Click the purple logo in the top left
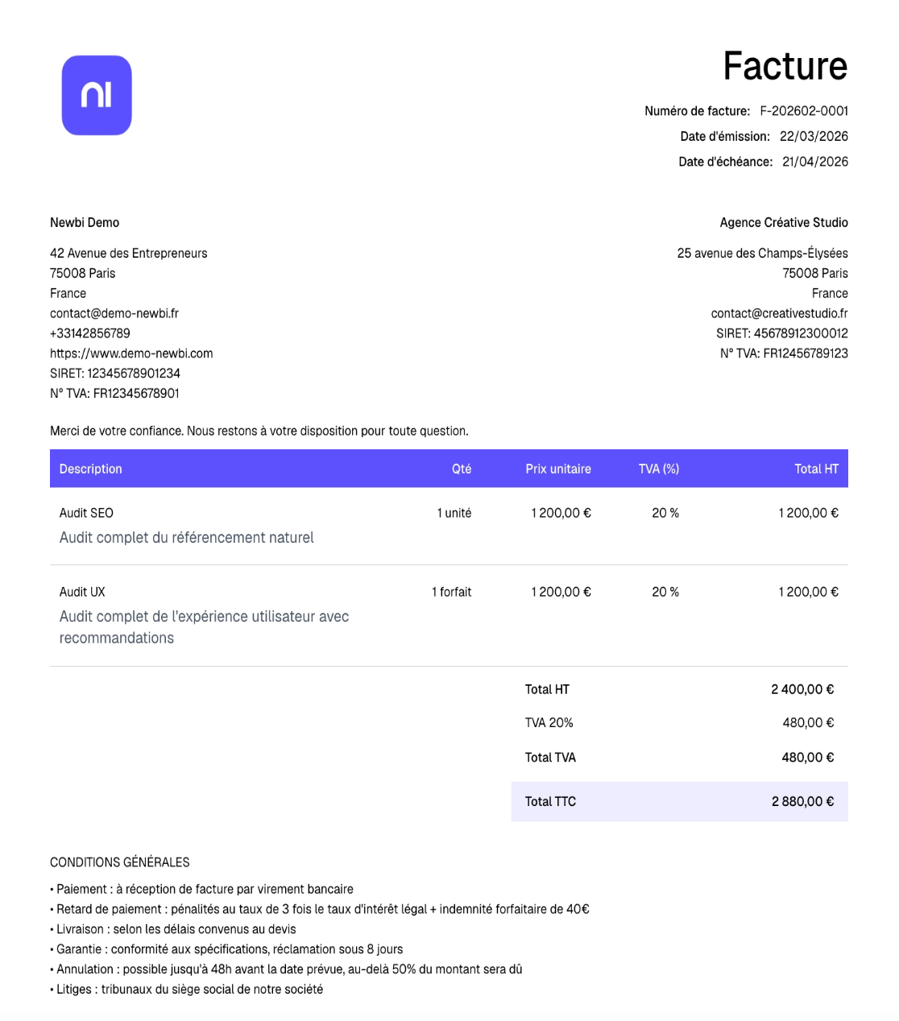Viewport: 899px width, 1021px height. point(97,95)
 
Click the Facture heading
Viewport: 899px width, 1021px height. point(785,66)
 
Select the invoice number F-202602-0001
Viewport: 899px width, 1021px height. point(803,111)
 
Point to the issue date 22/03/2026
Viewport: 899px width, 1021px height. point(813,136)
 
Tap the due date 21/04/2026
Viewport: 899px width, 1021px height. point(814,162)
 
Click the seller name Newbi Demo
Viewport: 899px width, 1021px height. point(85,222)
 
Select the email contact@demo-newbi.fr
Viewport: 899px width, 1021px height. point(114,313)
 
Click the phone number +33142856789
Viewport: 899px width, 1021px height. point(90,333)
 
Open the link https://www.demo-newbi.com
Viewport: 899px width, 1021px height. point(131,353)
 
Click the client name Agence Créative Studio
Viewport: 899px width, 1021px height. point(783,222)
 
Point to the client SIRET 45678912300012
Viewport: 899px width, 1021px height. point(800,333)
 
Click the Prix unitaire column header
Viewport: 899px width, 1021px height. point(557,469)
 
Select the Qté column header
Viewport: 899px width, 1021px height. point(461,469)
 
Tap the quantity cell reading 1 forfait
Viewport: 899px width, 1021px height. point(451,592)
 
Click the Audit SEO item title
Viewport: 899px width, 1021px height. point(86,513)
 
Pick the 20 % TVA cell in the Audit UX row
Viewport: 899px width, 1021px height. point(665,592)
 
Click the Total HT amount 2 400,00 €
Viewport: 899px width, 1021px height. point(802,689)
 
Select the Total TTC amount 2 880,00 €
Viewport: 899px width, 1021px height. point(802,801)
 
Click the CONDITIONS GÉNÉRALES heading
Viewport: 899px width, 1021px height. point(119,862)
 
